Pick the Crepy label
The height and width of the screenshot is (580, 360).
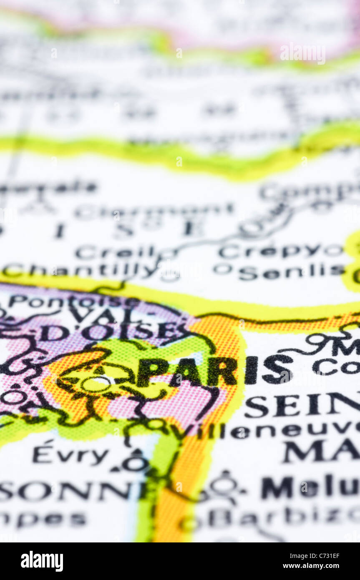(269, 251)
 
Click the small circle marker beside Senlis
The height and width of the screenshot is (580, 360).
(222, 269)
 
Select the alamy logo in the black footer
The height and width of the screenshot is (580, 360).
(42, 561)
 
